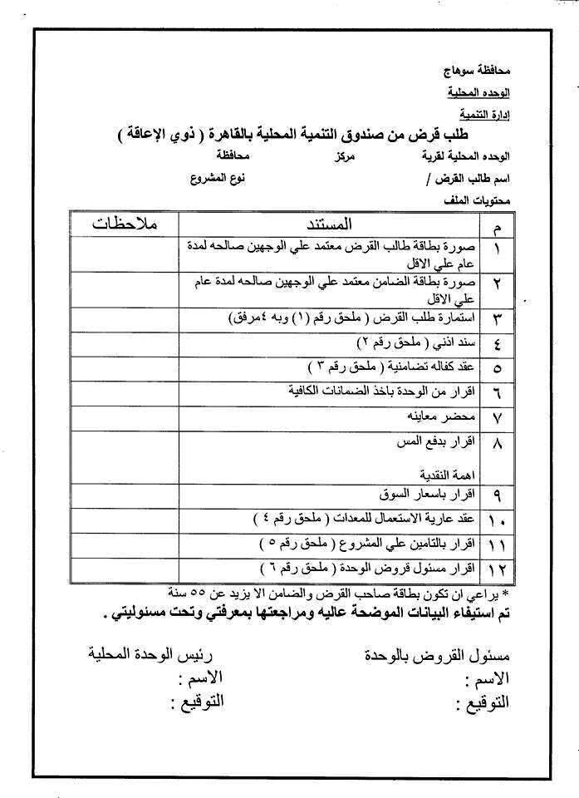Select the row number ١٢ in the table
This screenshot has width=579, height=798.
point(498,569)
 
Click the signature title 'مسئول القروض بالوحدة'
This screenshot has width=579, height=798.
point(437,653)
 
